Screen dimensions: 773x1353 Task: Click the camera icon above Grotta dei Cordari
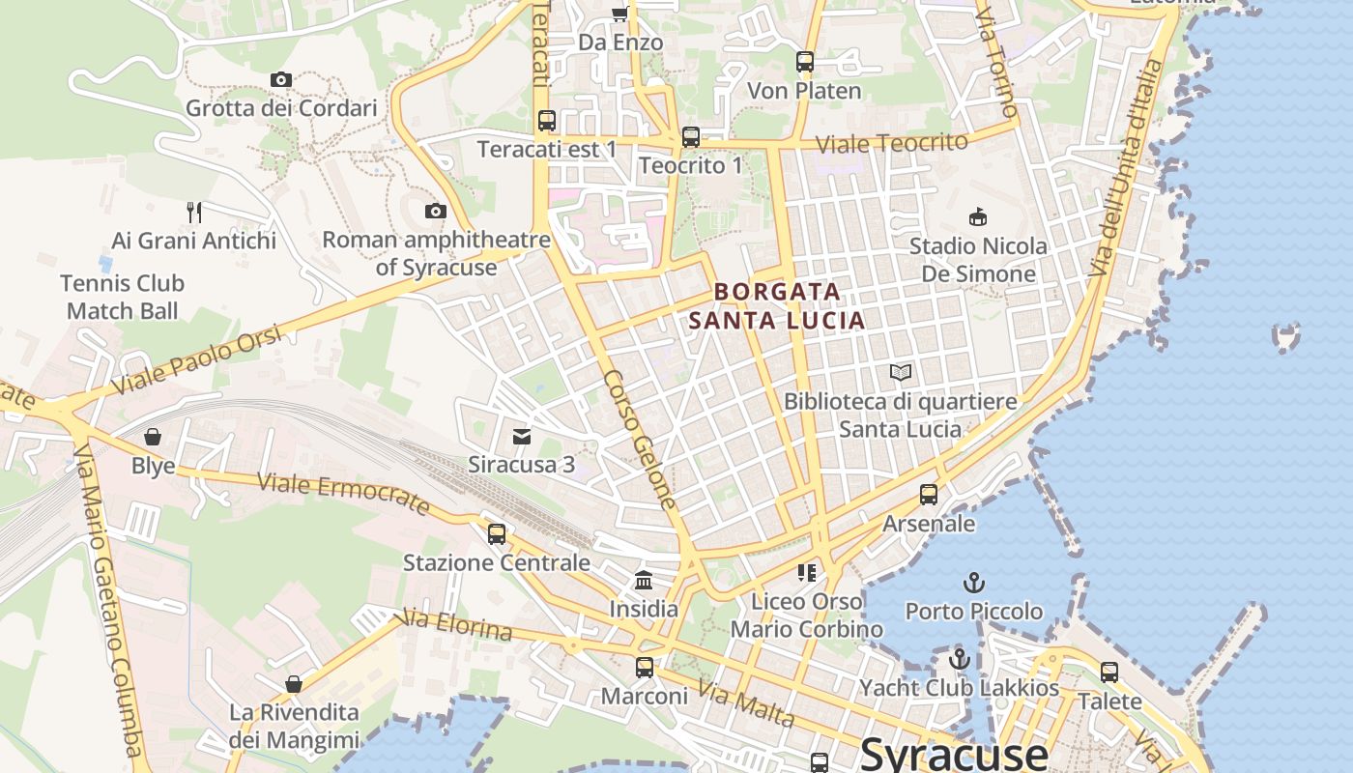[281, 79]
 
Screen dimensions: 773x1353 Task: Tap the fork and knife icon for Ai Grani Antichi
[194, 212]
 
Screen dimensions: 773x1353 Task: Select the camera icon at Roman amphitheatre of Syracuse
[436, 211]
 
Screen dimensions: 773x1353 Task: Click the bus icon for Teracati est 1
[547, 121]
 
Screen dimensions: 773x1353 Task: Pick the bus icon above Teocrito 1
[690, 137]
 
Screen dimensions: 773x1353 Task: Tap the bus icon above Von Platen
[805, 62]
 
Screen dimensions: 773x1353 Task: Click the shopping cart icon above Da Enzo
[619, 14]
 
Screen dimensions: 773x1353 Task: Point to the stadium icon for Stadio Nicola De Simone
[978, 216]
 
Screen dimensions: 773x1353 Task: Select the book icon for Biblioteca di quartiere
[901, 372]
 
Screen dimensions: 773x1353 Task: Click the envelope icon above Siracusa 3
[522, 436]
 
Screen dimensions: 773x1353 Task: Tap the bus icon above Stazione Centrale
[497, 533]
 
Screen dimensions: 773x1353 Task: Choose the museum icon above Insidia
[644, 580]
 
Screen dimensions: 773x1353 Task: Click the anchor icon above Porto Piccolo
[974, 583]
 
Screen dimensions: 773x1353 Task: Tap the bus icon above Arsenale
[929, 495]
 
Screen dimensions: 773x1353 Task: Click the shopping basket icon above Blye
[153, 437]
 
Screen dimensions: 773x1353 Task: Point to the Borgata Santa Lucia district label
[777, 305]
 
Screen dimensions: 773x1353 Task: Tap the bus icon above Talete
[1109, 672]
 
